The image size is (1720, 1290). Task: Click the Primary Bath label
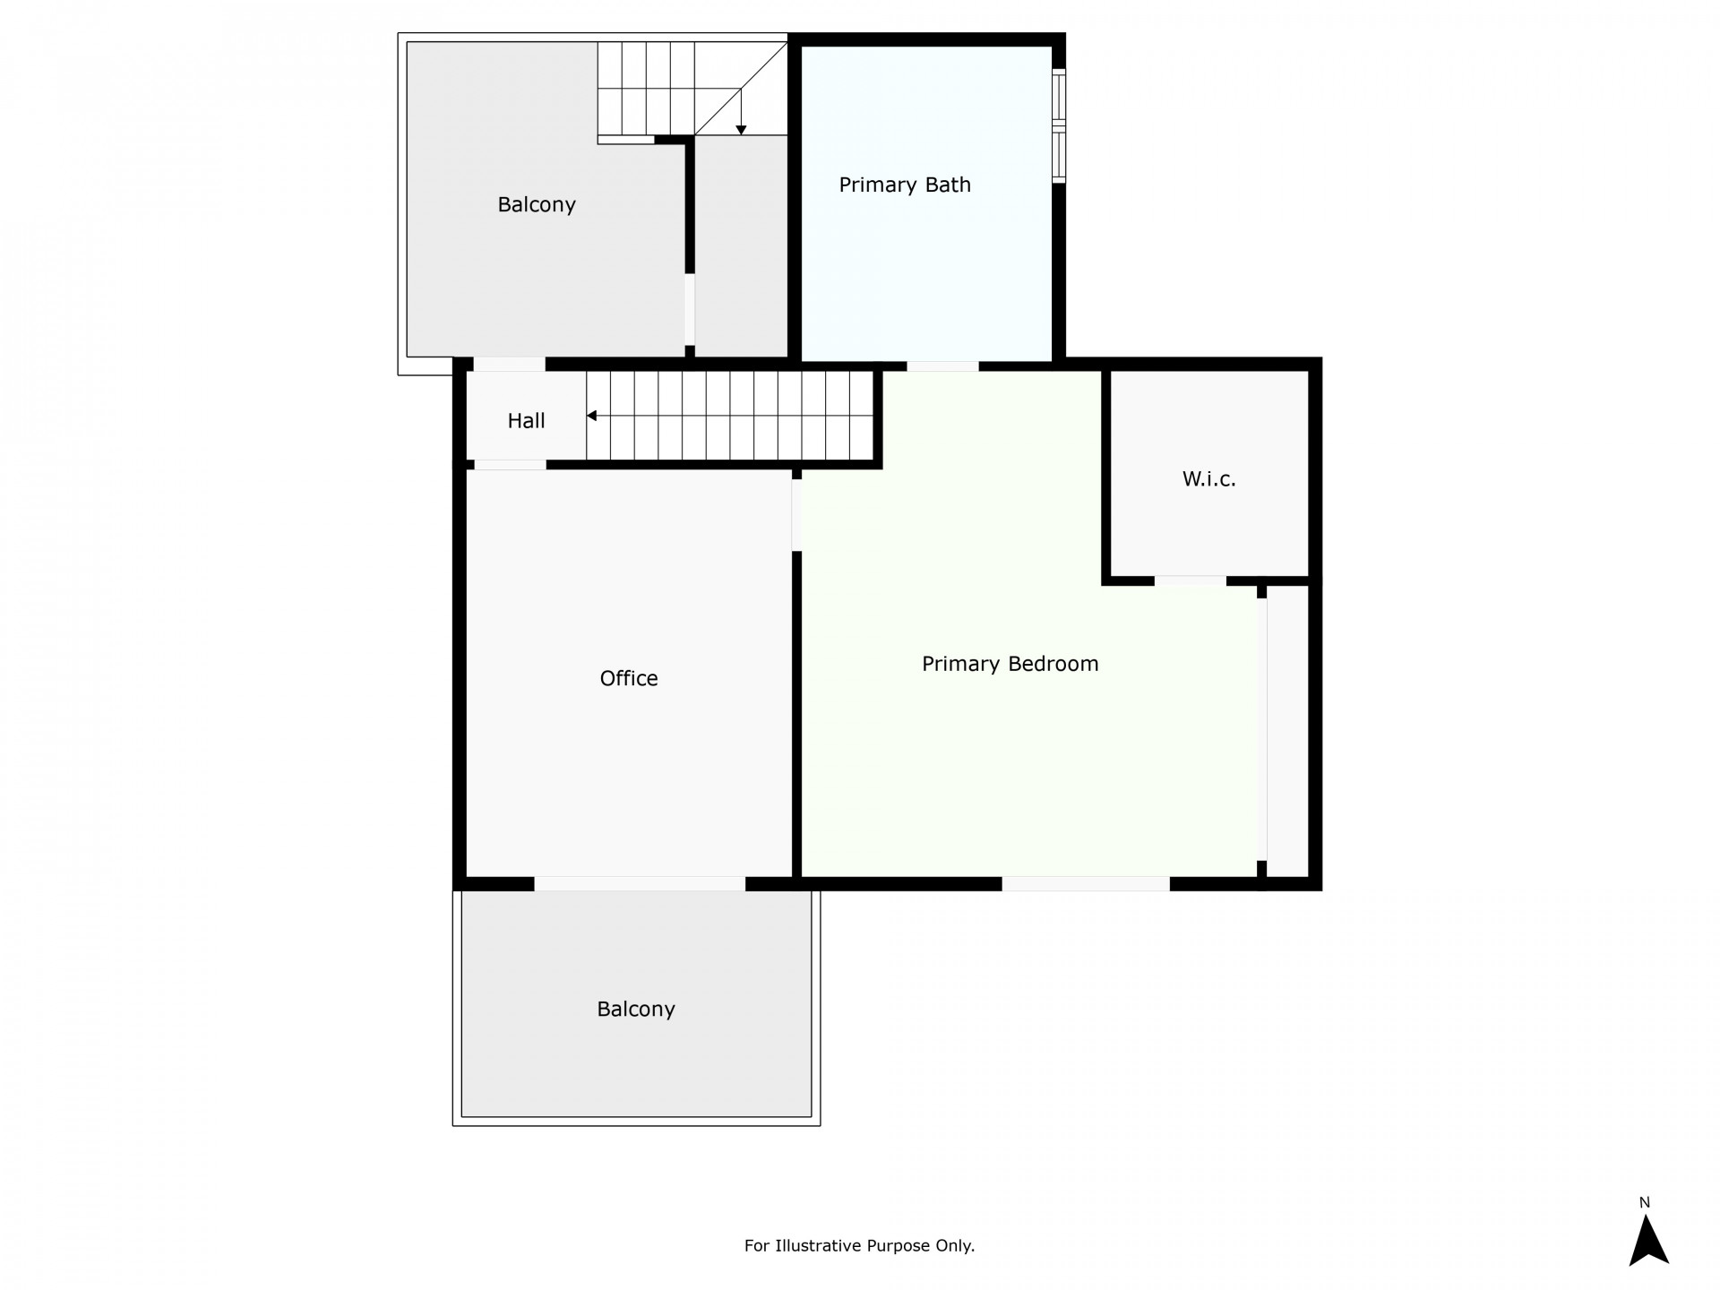905,185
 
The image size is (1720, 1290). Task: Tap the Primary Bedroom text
1010,664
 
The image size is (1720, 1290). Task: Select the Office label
629,678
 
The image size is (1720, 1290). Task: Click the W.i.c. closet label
1208,479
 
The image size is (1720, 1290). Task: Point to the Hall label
526,420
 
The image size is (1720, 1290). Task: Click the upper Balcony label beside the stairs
537,204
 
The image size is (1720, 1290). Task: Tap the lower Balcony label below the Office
636,1010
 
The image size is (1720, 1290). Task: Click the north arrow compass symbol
1648,1240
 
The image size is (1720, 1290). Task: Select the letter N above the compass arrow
1645,1203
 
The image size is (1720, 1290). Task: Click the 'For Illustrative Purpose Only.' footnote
859,1245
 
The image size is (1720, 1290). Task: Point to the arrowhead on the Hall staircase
591,416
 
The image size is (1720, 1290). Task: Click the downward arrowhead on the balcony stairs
741,130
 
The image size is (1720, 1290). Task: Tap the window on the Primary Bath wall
1059,125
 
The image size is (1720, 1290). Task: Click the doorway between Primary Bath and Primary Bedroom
942,366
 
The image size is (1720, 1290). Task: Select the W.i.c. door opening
1190,581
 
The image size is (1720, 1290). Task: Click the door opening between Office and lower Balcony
640,884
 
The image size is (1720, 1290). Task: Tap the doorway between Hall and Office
510,465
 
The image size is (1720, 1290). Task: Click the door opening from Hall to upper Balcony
509,365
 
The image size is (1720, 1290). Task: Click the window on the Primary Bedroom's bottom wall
1086,884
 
